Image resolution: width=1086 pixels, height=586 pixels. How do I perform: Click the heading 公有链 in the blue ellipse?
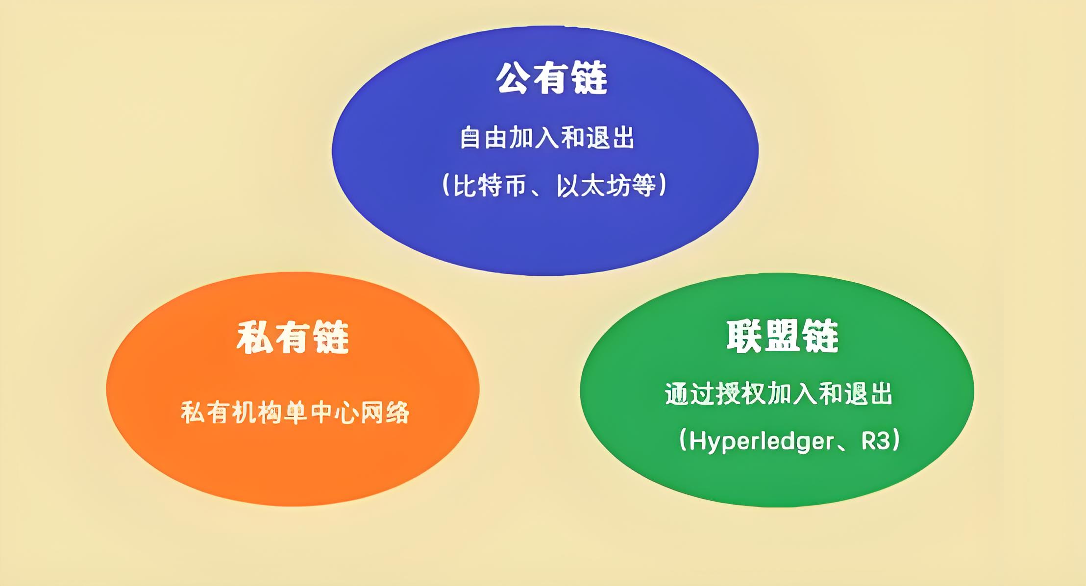point(552,78)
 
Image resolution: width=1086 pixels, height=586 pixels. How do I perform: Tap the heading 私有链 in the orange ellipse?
point(293,338)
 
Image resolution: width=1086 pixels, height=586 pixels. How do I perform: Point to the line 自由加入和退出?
point(547,138)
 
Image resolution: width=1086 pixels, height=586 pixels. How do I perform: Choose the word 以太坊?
point(592,186)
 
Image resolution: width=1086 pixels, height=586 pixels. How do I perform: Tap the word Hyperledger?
point(762,441)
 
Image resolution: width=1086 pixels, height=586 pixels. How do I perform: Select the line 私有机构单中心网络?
point(295,413)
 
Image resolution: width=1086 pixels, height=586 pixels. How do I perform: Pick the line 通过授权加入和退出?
point(779,393)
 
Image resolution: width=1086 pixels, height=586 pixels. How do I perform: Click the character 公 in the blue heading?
point(514,78)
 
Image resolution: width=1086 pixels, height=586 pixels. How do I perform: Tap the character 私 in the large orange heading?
point(253,338)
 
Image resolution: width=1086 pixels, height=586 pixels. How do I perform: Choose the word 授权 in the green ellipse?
point(740,393)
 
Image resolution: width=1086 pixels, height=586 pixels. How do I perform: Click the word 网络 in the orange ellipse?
point(385,413)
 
